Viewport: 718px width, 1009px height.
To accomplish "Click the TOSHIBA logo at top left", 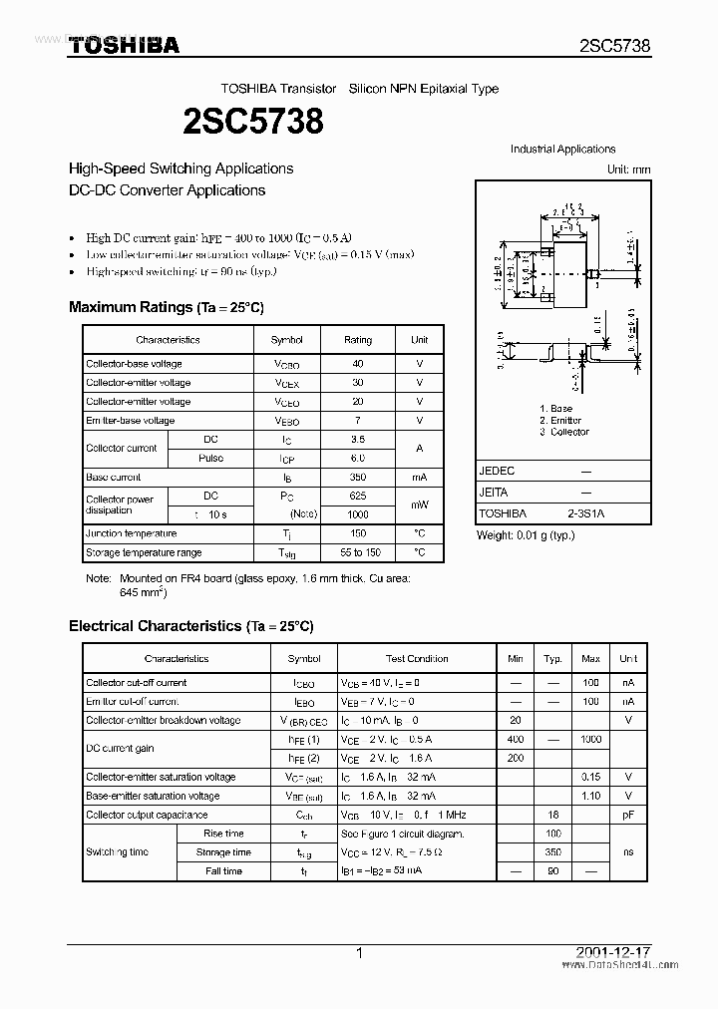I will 124,45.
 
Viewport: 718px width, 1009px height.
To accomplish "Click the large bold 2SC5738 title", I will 253,122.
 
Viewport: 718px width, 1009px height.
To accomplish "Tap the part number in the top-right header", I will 614,46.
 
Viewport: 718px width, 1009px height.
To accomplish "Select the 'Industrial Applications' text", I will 562,150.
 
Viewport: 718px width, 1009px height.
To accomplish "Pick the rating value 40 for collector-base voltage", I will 358,364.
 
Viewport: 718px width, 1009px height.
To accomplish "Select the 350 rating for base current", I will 358,478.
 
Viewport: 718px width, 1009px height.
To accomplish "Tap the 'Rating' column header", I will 358,340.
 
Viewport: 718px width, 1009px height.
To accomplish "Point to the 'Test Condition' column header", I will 417,659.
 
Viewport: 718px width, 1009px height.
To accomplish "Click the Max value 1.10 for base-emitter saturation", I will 590,796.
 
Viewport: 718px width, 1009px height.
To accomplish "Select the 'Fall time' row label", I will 223,871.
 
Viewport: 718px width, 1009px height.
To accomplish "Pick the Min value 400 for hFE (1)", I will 515,740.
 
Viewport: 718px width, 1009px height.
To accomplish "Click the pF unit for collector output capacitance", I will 628,815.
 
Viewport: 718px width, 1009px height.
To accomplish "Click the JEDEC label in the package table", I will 497,471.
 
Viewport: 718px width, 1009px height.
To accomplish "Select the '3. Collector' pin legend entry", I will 564,432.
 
